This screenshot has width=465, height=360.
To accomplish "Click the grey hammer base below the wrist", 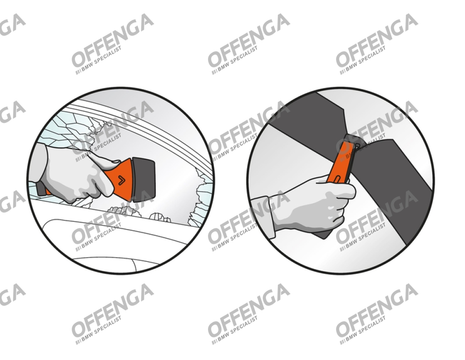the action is pos(41,189).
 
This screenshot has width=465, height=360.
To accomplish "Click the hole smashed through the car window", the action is pos(166,178).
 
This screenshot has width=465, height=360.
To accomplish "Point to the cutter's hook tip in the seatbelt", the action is pos(357,145).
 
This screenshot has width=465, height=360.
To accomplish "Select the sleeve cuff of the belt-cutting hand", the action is pos(263,217).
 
